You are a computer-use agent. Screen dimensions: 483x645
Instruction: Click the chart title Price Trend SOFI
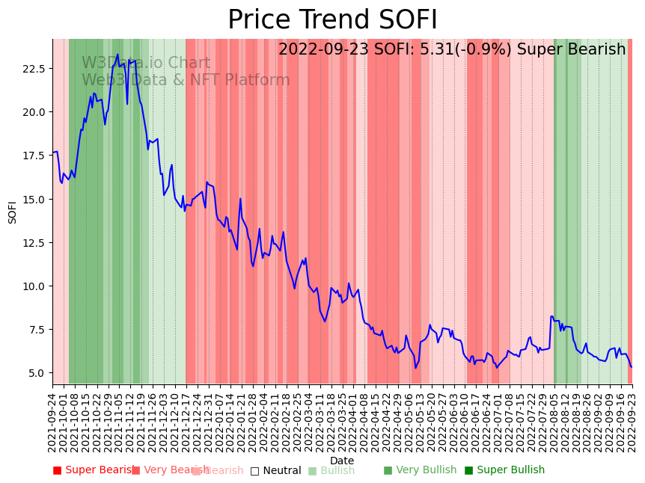332,20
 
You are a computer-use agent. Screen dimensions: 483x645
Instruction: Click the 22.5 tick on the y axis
34,69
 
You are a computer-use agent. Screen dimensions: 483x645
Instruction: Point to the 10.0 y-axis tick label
34,286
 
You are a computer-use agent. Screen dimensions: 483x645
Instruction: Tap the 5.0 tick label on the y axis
37,373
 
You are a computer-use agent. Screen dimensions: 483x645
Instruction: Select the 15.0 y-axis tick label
34,200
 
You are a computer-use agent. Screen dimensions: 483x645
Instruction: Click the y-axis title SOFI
13,212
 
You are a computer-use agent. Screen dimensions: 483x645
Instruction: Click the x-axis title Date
342,461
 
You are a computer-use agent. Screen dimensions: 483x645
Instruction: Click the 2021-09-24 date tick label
52,422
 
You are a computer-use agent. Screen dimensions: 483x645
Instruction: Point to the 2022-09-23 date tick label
632,422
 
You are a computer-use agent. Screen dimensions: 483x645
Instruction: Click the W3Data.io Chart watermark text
146,64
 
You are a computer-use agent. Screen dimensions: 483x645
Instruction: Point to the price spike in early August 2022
552,316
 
